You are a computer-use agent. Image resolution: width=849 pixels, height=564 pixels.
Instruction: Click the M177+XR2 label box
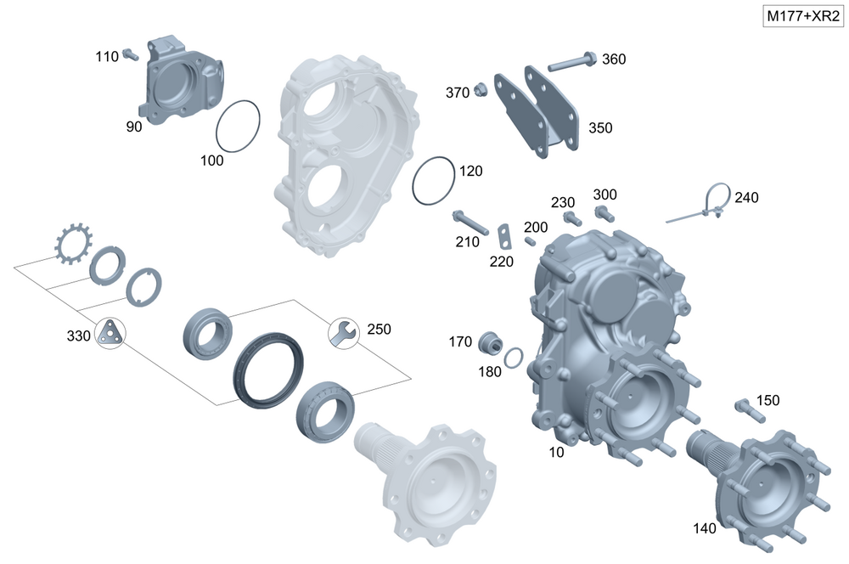(802, 17)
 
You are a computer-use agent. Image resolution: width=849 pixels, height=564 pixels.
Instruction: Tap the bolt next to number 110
(131, 55)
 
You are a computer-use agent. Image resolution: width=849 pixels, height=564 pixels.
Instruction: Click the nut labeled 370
(480, 88)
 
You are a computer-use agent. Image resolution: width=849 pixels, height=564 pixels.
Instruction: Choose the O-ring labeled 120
(435, 181)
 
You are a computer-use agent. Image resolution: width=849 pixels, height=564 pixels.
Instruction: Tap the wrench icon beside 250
(342, 332)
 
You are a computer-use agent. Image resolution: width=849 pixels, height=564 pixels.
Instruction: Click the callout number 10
(556, 453)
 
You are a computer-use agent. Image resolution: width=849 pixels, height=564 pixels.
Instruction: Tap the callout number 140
(704, 527)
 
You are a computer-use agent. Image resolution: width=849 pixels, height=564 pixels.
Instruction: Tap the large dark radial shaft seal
(267, 370)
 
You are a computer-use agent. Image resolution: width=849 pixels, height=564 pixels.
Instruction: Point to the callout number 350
(600, 128)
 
